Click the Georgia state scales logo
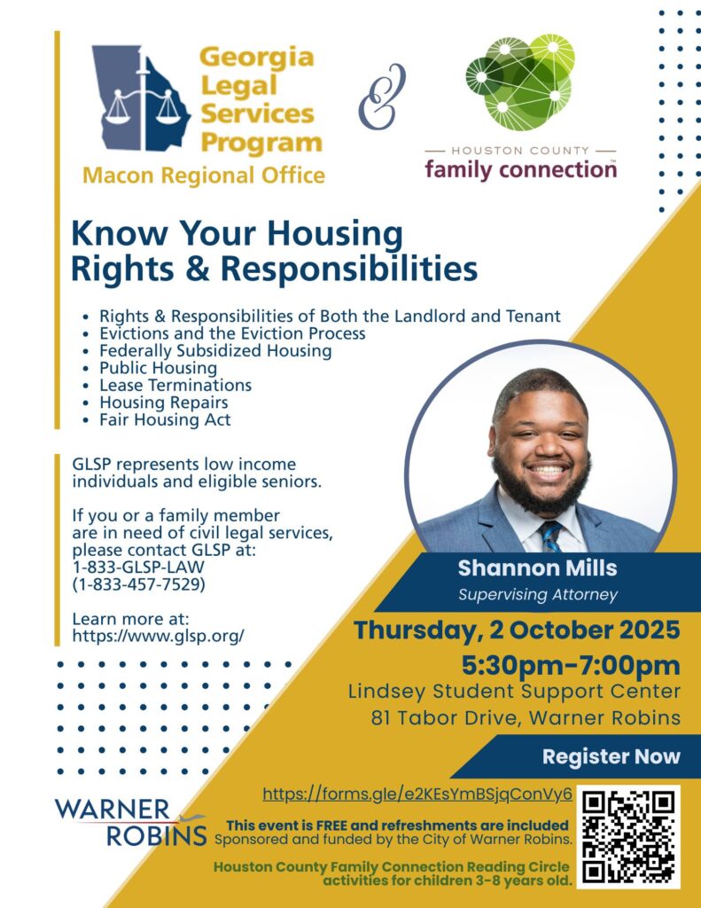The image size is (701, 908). pos(141,98)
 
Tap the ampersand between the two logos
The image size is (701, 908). pos(382,96)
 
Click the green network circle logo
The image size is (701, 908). pos(520,82)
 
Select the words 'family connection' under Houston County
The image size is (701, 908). pos(520,169)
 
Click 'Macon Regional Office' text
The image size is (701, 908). pos(204,175)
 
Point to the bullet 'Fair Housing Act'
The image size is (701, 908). pos(165,419)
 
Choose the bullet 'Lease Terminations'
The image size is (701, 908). pos(175,385)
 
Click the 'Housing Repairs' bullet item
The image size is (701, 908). pos(164,402)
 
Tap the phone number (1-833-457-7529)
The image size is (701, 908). pos(139,584)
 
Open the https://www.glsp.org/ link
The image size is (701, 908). pos(158,636)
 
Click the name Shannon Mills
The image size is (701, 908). pos(537,568)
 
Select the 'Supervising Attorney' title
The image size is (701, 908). pos(538,595)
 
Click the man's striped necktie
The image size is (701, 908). pos(550,536)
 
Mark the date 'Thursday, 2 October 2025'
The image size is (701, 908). pos(517,630)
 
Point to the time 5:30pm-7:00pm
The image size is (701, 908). pos(571,665)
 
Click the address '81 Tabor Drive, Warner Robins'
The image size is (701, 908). pos(526,717)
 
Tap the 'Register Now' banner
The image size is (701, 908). pos(611,756)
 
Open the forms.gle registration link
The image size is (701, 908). pos(417,794)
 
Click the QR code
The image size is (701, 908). pos(628,837)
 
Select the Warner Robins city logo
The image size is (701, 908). pos(131,822)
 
